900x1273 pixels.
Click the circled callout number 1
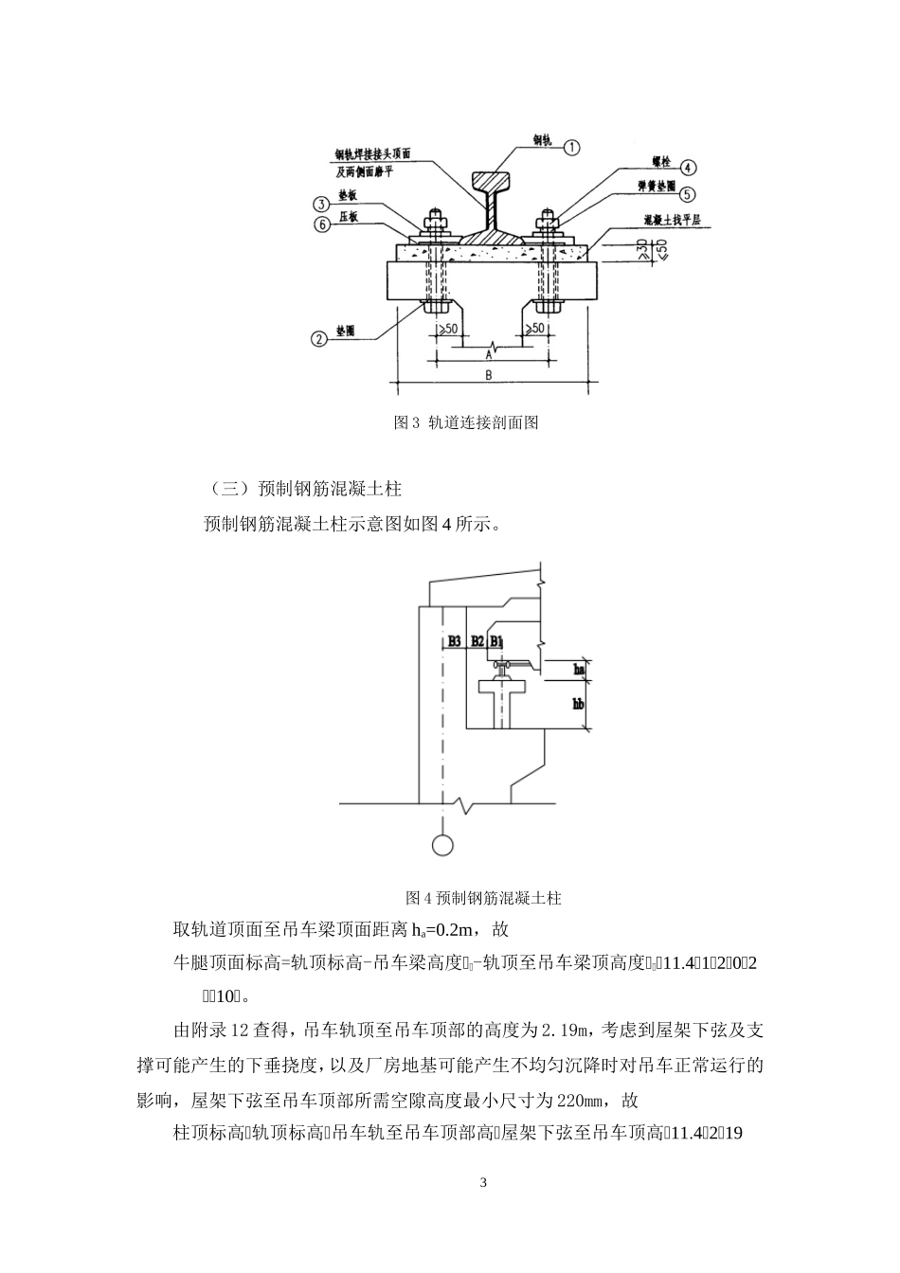[x=572, y=146]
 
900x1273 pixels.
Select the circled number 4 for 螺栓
[x=689, y=167]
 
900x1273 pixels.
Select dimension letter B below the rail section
[x=488, y=375]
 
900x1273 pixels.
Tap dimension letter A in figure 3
[x=488, y=354]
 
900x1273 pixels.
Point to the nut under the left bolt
[x=436, y=306]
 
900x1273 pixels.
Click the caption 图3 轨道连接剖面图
[x=466, y=422]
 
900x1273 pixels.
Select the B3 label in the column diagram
[x=455, y=641]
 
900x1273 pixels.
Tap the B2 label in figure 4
[x=477, y=641]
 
